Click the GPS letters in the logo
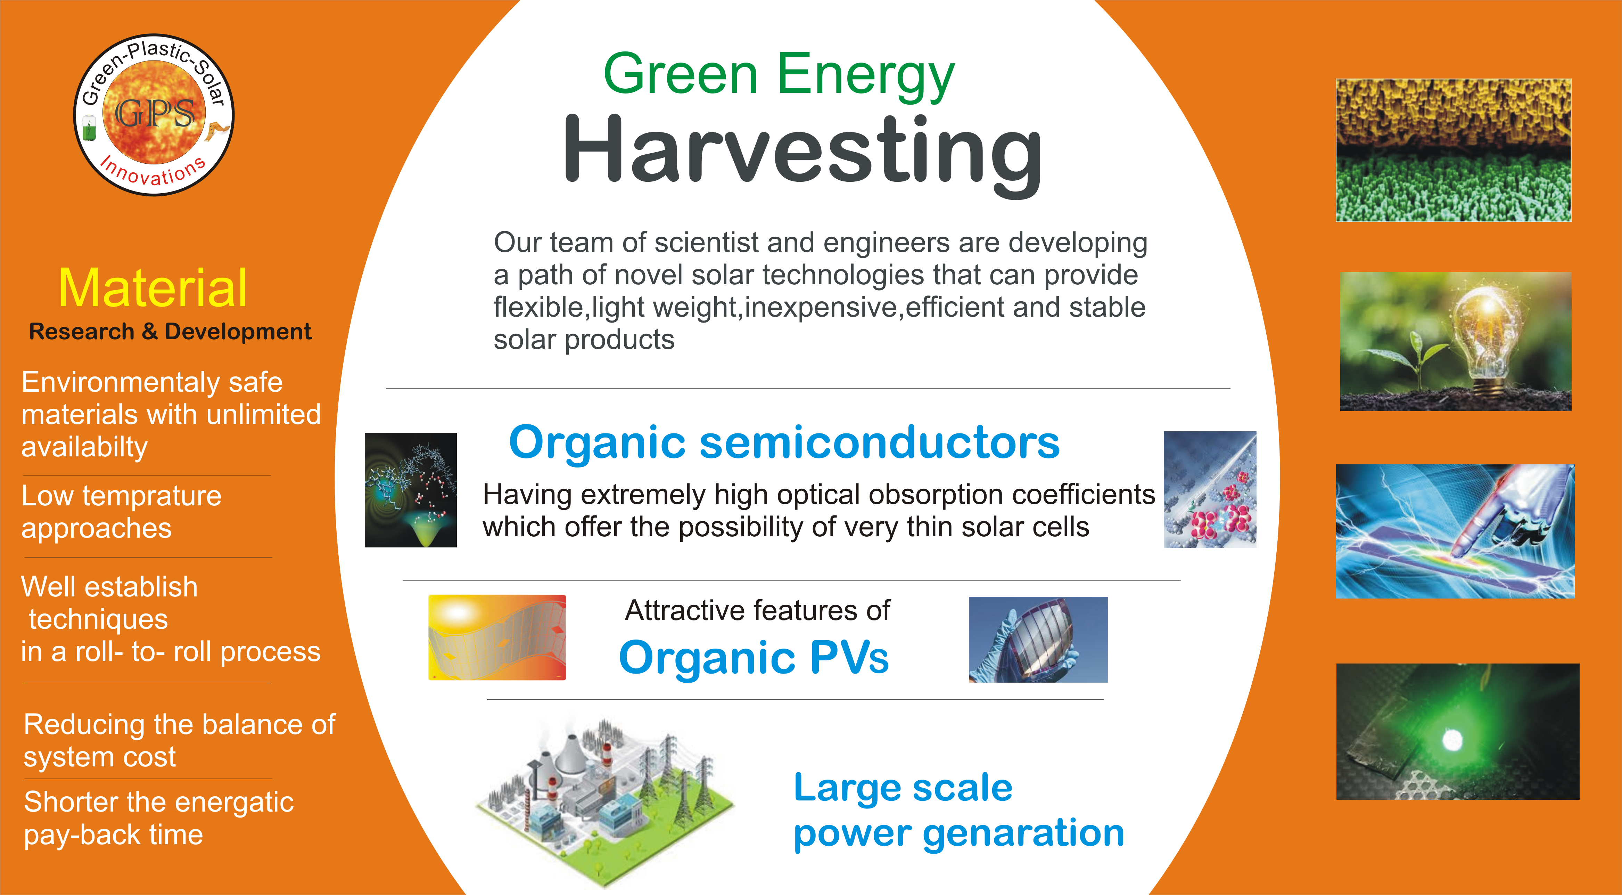point(155,113)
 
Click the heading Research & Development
point(170,331)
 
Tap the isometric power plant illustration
point(604,799)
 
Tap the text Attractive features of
point(757,610)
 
